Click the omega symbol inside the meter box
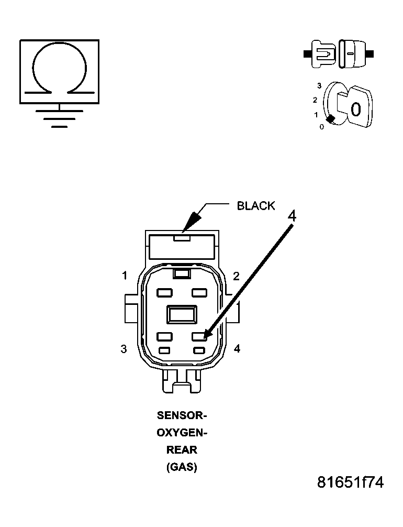point(59,70)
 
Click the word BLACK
point(255,206)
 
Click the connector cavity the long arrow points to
point(199,337)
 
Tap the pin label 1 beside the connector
point(125,276)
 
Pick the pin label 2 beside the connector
point(236,276)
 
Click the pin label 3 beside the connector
point(124,349)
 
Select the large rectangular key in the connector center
point(181,315)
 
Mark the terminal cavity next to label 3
point(164,337)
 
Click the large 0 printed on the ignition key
point(355,110)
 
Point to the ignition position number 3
point(319,85)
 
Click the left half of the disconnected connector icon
point(321,53)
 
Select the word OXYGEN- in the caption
point(182,433)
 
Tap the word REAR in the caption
point(182,450)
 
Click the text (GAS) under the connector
point(182,467)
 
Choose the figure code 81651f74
point(350,482)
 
